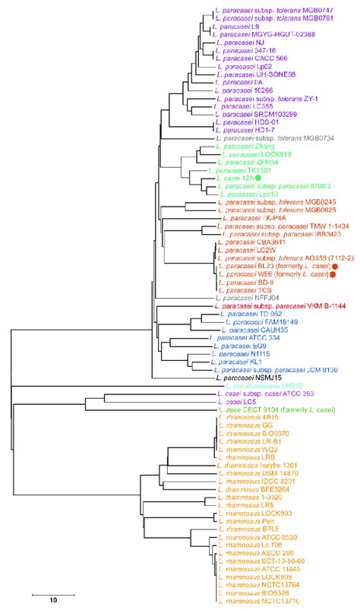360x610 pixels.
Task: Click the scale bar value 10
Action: click(52, 600)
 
